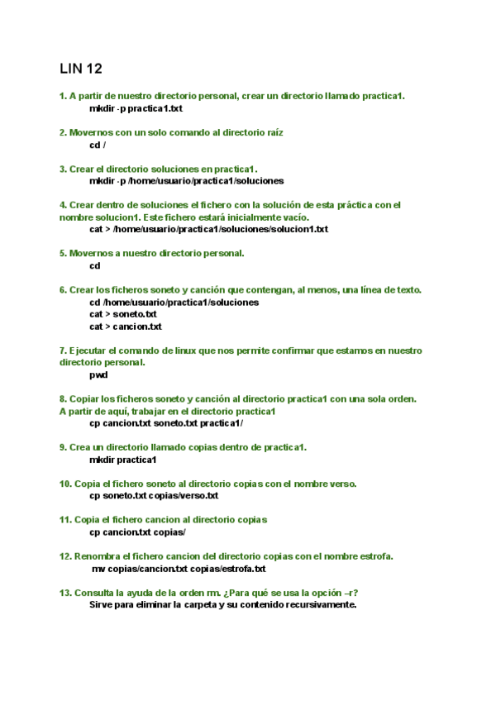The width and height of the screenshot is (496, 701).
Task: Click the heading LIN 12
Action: click(x=81, y=68)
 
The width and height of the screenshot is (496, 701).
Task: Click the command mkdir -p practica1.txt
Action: click(x=136, y=108)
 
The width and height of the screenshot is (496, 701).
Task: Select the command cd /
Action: click(x=98, y=145)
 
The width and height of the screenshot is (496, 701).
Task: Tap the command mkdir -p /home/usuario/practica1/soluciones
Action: click(x=186, y=180)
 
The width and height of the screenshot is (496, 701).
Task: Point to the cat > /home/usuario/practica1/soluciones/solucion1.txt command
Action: click(x=208, y=229)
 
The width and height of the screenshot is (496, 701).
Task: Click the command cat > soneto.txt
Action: click(x=123, y=314)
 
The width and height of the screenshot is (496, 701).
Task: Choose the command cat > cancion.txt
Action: click(x=125, y=327)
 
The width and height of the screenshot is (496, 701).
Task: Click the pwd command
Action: click(x=98, y=374)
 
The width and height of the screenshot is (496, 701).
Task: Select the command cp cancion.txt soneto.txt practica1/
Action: click(x=166, y=422)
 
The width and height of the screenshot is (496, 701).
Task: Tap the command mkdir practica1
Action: click(x=123, y=459)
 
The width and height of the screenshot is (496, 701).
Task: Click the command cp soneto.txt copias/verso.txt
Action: click(x=154, y=495)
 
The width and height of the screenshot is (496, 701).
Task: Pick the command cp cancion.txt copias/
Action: click(x=137, y=532)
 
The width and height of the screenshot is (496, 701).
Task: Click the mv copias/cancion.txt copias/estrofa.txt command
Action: click(x=179, y=569)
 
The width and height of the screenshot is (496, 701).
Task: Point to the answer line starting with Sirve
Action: click(x=222, y=604)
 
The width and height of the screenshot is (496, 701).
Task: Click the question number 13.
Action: click(x=65, y=593)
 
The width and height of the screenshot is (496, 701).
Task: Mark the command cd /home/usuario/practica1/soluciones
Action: click(x=174, y=302)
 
